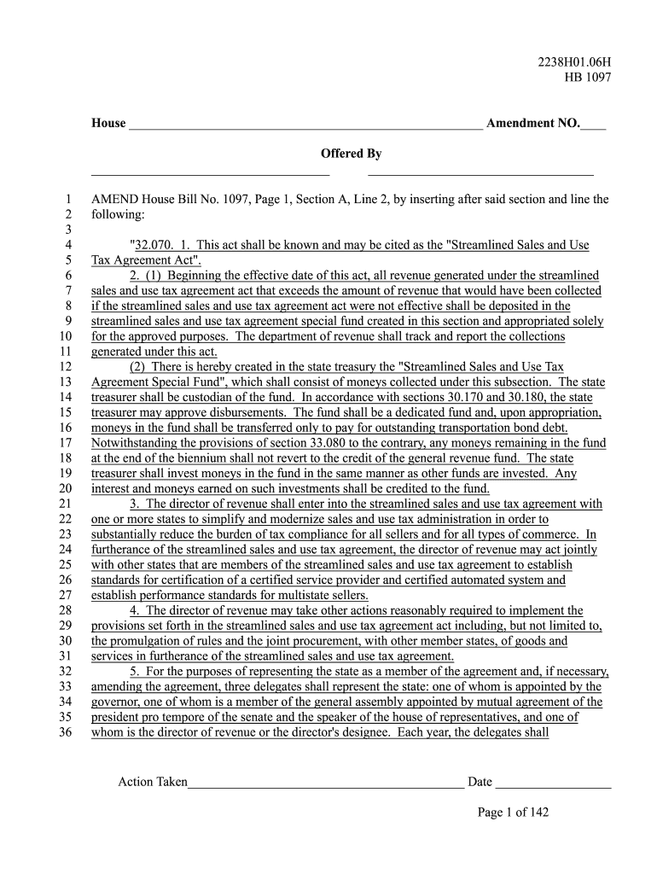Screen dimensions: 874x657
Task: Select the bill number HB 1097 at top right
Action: (588, 78)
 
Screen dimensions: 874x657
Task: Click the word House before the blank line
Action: (108, 124)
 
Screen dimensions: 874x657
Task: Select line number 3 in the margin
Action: (67, 230)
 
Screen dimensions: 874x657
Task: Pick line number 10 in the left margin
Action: (65, 337)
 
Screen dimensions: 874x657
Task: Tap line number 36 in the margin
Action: (65, 733)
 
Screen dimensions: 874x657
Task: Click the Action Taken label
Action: (152, 782)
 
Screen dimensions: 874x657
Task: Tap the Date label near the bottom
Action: (480, 782)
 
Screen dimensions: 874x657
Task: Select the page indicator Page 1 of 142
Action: (513, 813)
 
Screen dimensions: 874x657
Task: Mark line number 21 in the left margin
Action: (65, 504)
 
